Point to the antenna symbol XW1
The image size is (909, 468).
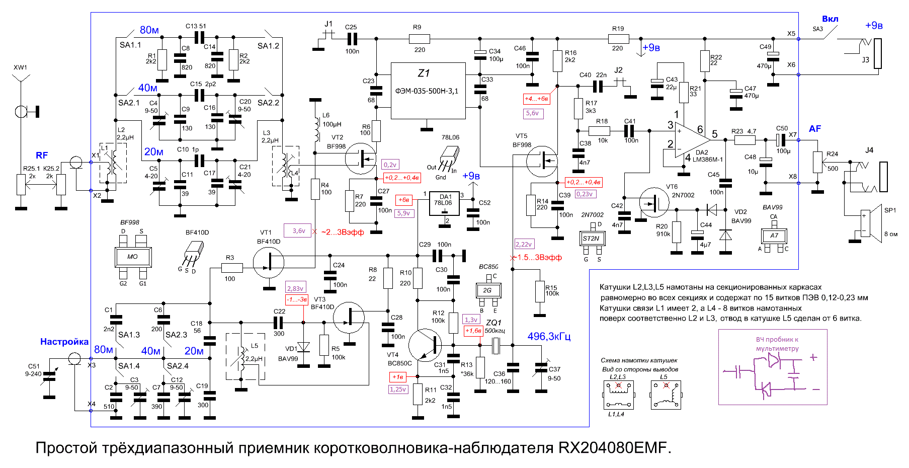tap(21, 81)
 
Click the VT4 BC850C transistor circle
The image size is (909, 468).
tap(425, 345)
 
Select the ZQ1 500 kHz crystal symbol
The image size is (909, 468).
tap(495, 345)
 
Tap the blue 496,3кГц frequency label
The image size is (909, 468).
tap(549, 336)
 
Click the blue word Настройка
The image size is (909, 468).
tap(64, 342)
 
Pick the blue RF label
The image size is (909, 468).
tap(42, 155)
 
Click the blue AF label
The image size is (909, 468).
tap(815, 129)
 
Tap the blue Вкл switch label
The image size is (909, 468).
tap(830, 19)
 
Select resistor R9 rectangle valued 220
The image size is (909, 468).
tap(419, 39)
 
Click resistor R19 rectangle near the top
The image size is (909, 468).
tap(618, 39)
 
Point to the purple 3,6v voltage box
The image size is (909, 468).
tap(298, 230)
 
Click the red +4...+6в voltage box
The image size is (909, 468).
tap(537, 99)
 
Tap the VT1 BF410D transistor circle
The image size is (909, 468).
tap(269, 262)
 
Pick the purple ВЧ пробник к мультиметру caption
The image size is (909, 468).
tap(777, 344)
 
